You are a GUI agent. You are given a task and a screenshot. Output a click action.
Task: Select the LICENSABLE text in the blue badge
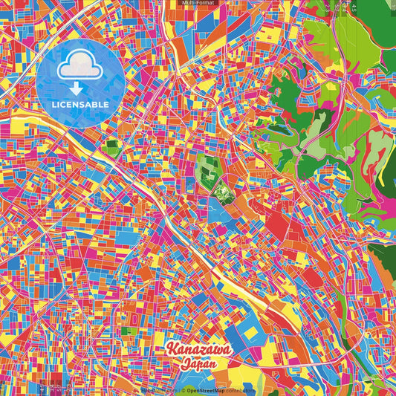click(80, 105)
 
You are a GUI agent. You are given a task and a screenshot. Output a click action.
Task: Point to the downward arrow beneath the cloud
click(80, 87)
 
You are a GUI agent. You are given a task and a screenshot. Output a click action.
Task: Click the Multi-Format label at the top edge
click(198, 3)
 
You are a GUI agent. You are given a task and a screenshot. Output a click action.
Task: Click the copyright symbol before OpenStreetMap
click(182, 391)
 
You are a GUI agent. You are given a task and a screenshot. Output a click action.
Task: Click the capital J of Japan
click(184, 364)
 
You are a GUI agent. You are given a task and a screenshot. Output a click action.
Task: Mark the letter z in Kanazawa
click(203, 351)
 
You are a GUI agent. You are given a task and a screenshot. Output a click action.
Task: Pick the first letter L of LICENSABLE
click(54, 105)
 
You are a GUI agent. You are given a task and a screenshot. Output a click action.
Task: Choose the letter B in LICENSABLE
click(98, 105)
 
